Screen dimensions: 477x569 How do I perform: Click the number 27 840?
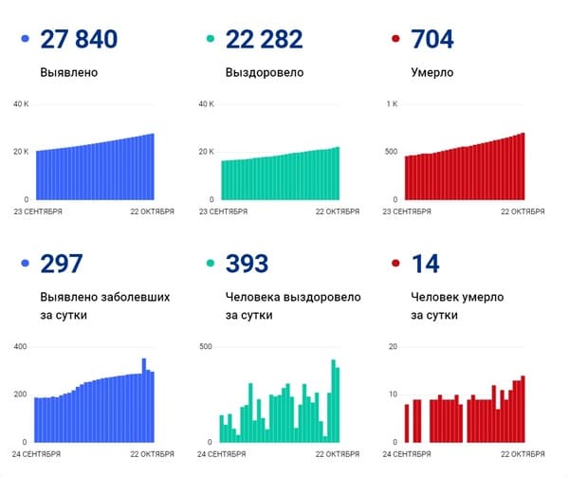(80, 39)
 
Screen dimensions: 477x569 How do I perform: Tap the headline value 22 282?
(265, 39)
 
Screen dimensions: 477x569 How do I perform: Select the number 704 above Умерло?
(433, 39)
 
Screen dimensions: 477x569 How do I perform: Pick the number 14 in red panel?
(424, 263)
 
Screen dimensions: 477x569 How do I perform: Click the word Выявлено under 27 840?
(69, 71)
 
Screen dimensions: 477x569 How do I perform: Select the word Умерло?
(432, 71)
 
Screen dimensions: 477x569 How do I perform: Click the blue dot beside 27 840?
(24, 41)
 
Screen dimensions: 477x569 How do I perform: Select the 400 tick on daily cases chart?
(20, 347)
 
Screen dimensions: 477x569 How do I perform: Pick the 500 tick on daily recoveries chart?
(206, 347)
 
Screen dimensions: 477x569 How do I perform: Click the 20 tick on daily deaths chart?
(393, 347)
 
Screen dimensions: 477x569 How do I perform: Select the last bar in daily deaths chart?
(523, 409)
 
